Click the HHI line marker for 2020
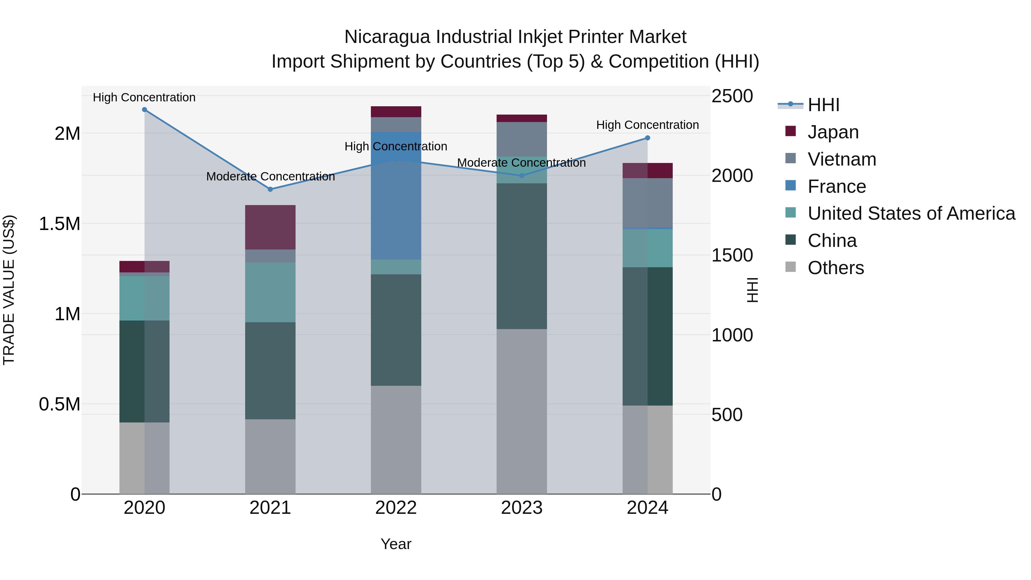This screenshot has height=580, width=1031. [x=145, y=110]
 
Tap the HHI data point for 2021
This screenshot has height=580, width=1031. [x=270, y=189]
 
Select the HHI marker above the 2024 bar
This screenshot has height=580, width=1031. [x=648, y=138]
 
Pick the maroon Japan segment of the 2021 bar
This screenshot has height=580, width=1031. [x=270, y=227]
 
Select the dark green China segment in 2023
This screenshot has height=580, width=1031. [x=522, y=256]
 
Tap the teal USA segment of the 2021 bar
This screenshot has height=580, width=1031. [x=270, y=292]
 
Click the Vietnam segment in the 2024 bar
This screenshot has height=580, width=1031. [x=648, y=203]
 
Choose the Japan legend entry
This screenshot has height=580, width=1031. [x=833, y=132]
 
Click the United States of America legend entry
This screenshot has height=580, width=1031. [x=911, y=213]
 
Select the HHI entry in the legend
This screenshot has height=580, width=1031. [x=823, y=105]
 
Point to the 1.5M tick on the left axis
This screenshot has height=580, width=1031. [x=59, y=224]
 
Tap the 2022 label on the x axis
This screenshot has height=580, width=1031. [x=396, y=508]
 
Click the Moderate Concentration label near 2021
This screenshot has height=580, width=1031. [x=271, y=176]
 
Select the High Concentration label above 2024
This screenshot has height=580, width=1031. [x=647, y=125]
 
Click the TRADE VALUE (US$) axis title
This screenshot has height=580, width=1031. [x=9, y=290]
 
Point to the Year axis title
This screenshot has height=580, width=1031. [x=396, y=544]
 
